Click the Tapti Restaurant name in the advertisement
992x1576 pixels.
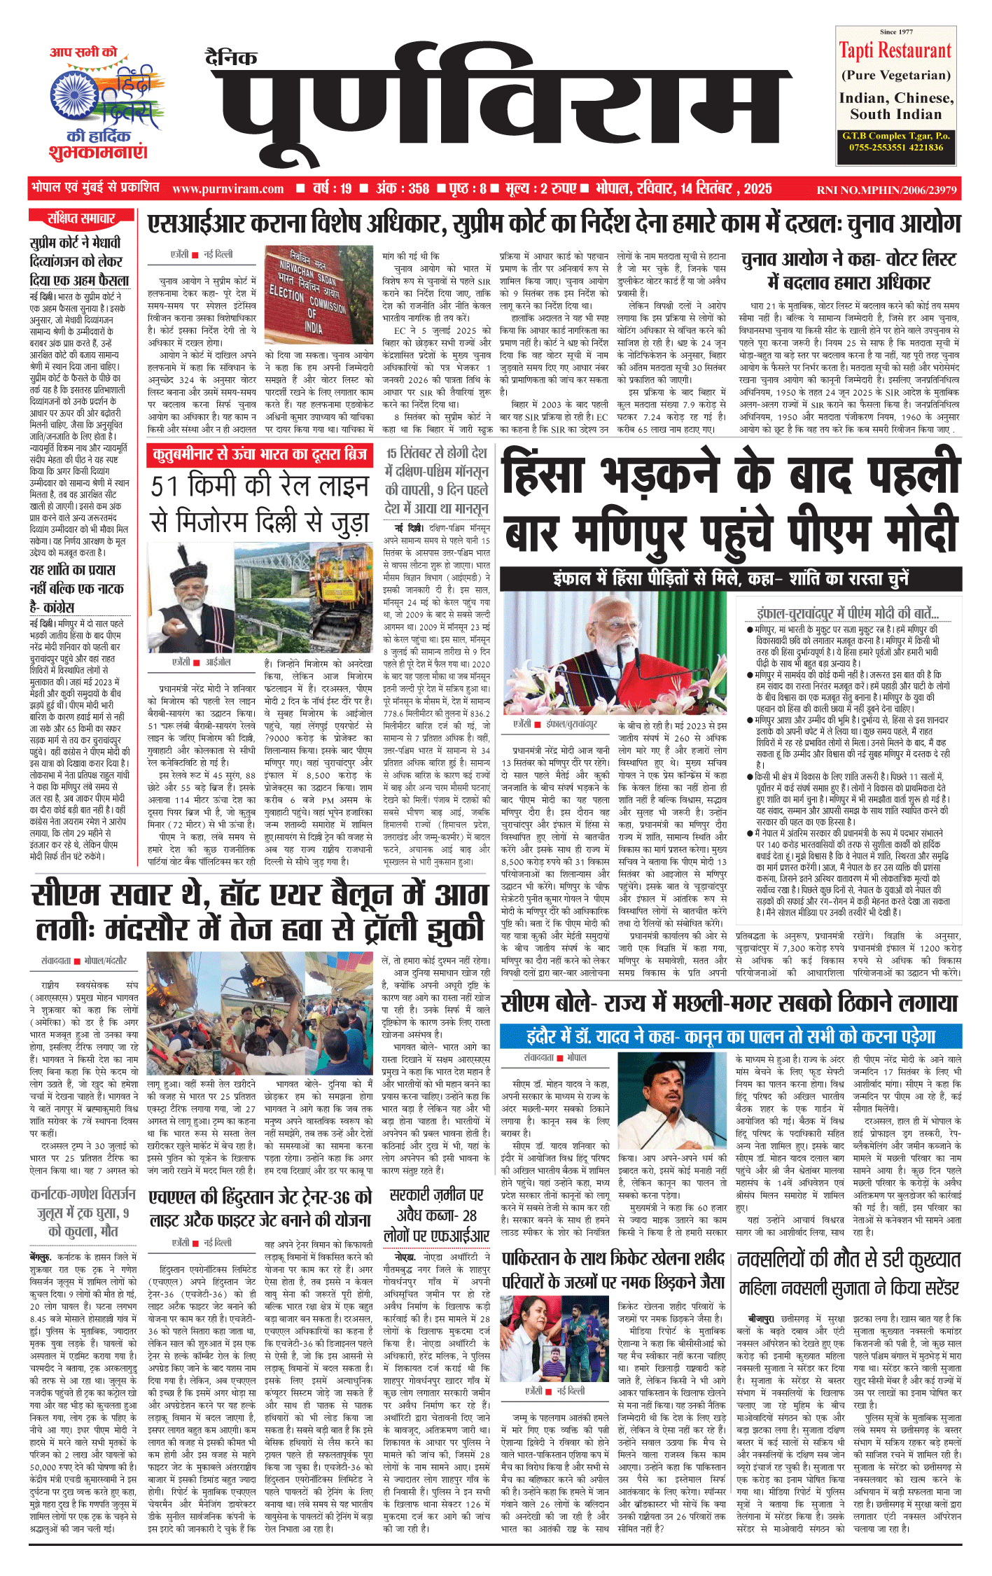(x=895, y=51)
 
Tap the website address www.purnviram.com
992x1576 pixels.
(x=228, y=189)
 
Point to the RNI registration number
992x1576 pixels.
(x=886, y=190)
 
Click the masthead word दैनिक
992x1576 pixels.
(x=231, y=57)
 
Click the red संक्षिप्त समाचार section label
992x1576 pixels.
(x=81, y=218)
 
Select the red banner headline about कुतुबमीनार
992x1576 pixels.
(x=260, y=455)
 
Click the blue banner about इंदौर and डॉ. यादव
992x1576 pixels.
(x=731, y=1036)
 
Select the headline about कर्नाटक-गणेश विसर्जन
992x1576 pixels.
(x=83, y=1211)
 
